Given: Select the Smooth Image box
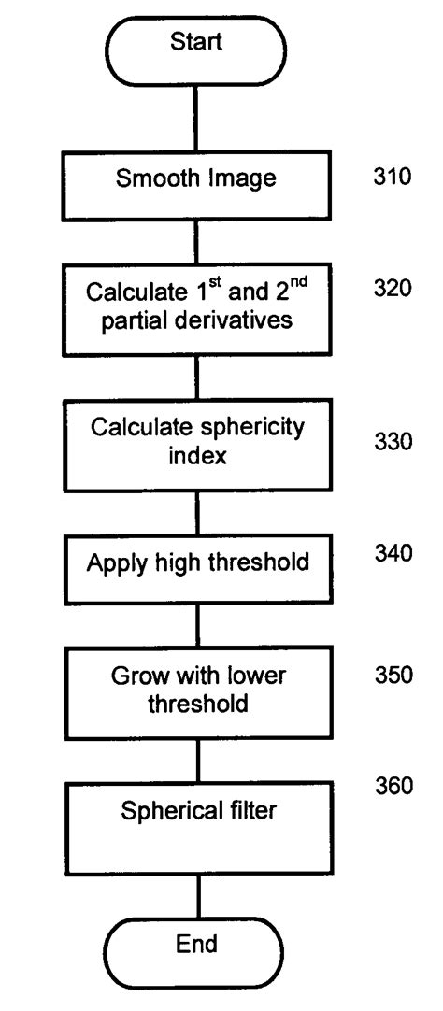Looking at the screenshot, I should tap(196, 179).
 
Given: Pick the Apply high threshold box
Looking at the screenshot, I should tap(196, 563).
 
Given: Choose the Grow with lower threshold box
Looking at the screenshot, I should tap(196, 691).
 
